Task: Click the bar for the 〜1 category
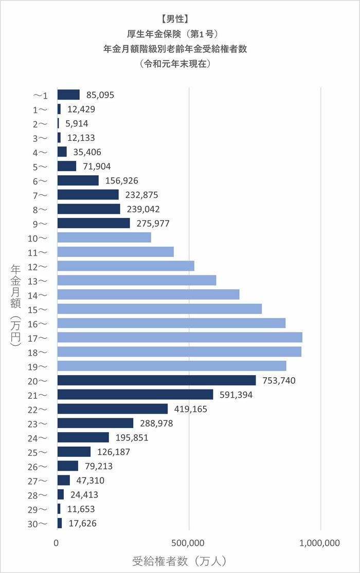coord(68,95)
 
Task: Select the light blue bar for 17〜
coord(179,337)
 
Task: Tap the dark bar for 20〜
coord(156,380)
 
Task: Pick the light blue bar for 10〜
coord(104,237)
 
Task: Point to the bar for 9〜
coord(94,223)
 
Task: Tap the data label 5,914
coord(77,124)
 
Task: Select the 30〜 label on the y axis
coord(40,524)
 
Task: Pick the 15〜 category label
coord(40,309)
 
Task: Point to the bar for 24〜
coord(83,437)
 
